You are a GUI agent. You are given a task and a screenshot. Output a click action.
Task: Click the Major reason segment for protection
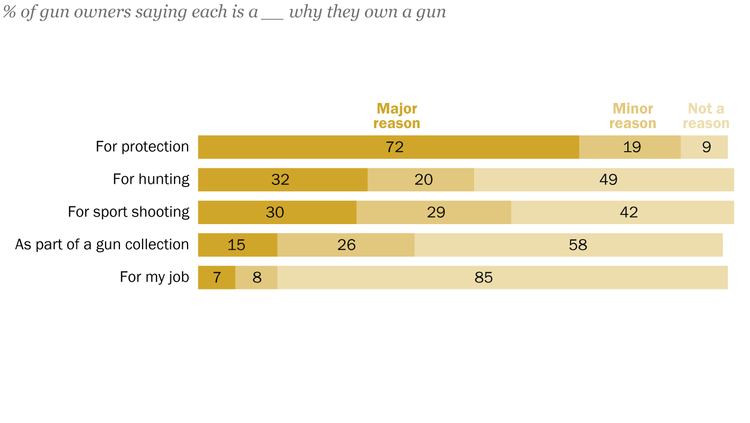coord(388,147)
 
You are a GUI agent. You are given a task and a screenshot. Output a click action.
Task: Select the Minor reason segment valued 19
coord(629,147)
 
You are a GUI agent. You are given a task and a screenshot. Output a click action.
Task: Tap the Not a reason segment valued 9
coord(704,147)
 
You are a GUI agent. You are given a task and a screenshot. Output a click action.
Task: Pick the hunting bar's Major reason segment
coord(282,180)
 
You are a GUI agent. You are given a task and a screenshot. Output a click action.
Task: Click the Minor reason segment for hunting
coord(421,180)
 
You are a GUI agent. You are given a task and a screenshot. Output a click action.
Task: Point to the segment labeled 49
coord(604,180)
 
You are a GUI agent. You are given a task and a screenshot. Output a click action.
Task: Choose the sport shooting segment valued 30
coord(277,212)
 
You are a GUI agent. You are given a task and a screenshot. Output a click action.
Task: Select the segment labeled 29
coord(433,212)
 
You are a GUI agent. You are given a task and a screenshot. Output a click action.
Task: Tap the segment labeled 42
coord(622,212)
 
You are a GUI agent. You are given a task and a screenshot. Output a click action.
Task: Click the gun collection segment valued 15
coord(237,245)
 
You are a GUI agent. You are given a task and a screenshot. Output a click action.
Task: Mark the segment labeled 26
coord(346,245)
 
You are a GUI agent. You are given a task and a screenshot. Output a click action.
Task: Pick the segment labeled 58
coord(568,245)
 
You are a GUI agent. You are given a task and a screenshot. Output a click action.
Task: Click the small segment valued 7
coord(216,278)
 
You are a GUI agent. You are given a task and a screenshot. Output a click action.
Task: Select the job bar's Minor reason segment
coord(256,278)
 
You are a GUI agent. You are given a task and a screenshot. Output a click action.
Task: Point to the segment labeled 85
coord(502,278)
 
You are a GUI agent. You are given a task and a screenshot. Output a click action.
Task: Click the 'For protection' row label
coord(142,147)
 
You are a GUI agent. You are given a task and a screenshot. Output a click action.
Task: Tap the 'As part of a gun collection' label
coord(102,245)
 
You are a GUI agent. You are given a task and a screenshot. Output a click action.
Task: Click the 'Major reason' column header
coord(396,116)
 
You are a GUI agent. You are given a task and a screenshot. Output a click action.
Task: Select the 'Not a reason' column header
coord(706,116)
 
